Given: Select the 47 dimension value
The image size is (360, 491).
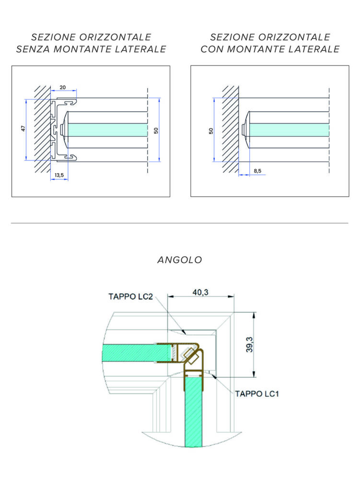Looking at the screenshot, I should coord(23,129).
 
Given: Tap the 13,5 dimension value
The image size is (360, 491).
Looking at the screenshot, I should coord(59,176).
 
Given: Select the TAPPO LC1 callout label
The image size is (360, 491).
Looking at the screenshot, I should coord(257,394).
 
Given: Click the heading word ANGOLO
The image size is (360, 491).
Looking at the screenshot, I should coord(180,260).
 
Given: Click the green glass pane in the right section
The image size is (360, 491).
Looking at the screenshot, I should coord(288,129).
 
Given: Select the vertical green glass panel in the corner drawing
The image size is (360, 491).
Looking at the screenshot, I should coord(193,412).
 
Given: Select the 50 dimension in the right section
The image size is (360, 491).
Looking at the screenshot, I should coord(211,130).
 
